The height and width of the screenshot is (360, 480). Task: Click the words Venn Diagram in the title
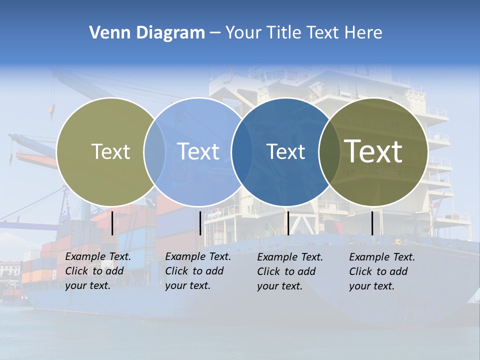(147, 33)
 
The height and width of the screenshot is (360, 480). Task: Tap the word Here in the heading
(362, 33)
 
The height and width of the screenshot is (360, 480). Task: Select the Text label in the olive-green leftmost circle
(110, 151)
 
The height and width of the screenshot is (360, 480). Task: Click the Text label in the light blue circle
(198, 151)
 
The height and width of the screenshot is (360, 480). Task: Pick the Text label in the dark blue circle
(286, 151)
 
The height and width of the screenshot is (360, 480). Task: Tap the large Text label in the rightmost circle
(373, 151)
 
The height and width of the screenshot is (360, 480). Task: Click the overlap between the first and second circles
(154, 152)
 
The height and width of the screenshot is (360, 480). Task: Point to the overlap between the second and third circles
(242, 152)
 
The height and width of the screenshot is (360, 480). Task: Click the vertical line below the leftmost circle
(112, 223)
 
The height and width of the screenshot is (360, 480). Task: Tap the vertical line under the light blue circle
(200, 223)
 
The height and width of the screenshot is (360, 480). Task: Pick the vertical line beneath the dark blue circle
(288, 223)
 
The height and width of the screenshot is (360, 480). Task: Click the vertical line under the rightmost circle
(372, 223)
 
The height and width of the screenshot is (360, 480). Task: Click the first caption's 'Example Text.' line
(98, 256)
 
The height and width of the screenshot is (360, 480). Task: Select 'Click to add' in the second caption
(194, 271)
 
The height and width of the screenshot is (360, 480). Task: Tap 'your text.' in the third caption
(279, 286)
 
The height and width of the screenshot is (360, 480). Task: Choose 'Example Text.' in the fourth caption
(382, 257)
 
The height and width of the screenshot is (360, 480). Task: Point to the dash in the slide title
(214, 33)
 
